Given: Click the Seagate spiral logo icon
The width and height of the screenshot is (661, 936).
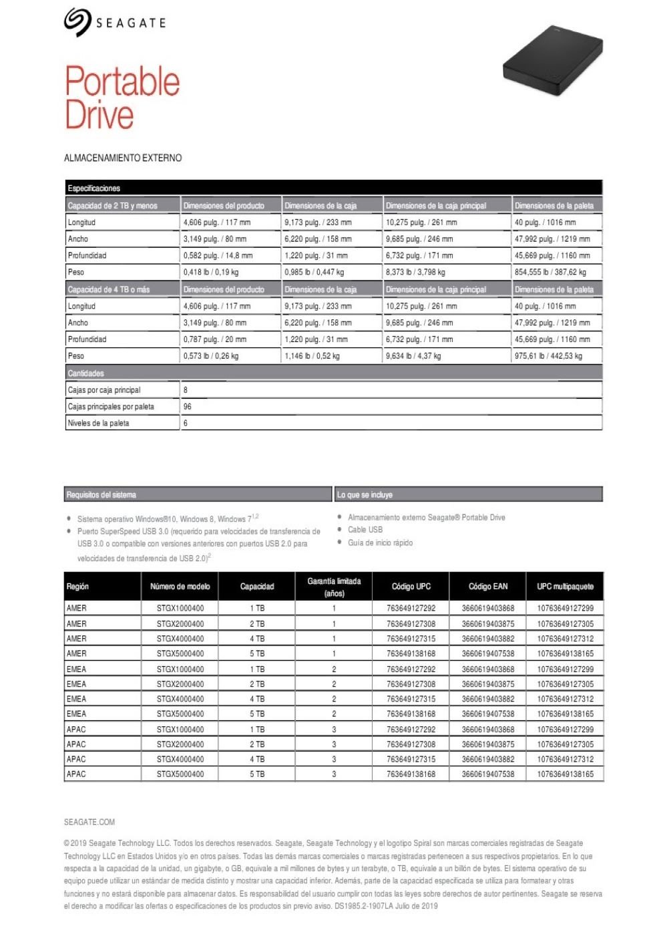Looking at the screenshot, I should (x=77, y=22).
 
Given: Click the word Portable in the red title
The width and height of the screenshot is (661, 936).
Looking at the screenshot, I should (x=122, y=82).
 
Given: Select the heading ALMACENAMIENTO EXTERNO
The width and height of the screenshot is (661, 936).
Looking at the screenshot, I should (x=123, y=158).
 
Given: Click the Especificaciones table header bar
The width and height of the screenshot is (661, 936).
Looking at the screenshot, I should (x=333, y=188).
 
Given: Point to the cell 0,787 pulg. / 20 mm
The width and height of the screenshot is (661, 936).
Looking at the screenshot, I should (x=214, y=339).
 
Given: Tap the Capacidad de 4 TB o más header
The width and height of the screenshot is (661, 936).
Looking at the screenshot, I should (x=109, y=289).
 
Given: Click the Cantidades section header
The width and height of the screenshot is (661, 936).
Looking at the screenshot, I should (x=86, y=373).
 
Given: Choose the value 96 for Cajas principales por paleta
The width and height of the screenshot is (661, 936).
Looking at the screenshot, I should (x=188, y=406).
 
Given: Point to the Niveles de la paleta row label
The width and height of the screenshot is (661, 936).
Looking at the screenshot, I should (x=98, y=423).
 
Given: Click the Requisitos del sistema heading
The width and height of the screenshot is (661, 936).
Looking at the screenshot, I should (x=101, y=495).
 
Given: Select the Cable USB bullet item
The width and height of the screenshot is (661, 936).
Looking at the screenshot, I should (x=365, y=530).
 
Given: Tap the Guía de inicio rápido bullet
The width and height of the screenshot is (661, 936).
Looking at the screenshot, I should (x=380, y=542).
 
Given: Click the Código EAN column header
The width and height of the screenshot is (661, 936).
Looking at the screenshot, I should (x=487, y=587).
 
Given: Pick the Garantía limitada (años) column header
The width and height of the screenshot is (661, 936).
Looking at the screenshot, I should (x=334, y=587).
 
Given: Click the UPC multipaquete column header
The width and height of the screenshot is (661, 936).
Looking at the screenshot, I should (x=565, y=587).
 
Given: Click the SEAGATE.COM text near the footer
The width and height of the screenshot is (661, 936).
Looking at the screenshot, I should (x=89, y=822).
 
